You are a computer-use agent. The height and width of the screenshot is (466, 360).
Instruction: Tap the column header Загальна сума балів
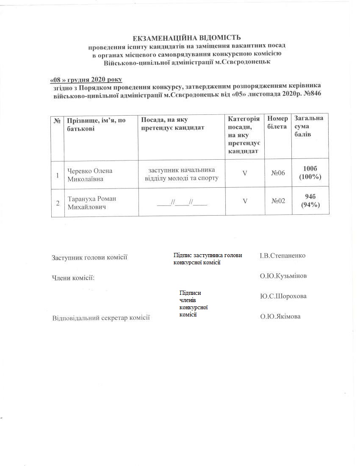(309, 126)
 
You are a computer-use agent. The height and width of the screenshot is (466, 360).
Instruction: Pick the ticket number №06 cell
(278, 173)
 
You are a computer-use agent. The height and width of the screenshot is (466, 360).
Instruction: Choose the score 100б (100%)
(310, 173)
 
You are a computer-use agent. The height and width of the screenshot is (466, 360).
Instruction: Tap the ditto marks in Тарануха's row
(182, 202)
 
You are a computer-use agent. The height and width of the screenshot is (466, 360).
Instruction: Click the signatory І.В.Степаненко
(282, 256)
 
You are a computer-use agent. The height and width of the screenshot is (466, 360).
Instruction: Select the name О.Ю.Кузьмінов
(283, 276)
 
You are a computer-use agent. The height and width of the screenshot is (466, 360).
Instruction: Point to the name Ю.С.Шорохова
(283, 296)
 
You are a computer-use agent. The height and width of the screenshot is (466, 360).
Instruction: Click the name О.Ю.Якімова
(280, 316)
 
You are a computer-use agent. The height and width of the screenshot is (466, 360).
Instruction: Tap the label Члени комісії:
(73, 277)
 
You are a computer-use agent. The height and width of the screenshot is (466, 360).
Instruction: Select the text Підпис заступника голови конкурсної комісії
(208, 259)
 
